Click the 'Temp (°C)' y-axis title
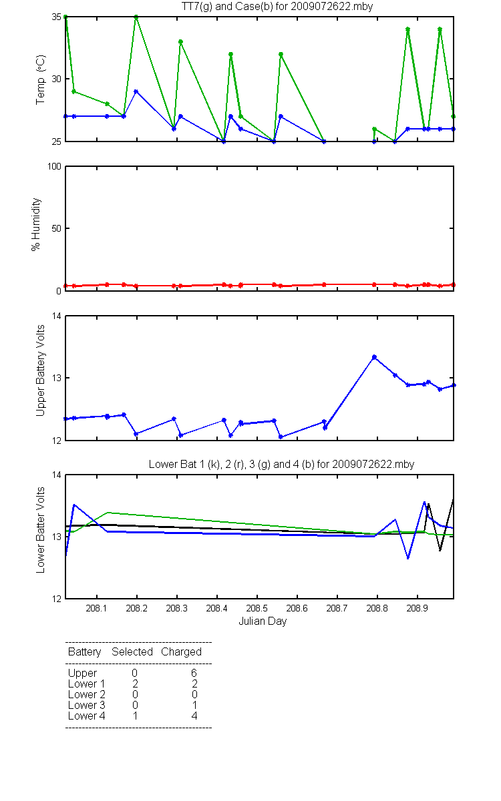(41, 79)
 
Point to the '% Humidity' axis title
(36, 224)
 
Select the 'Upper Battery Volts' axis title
(41, 370)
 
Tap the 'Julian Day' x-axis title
(263, 621)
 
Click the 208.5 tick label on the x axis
(257, 608)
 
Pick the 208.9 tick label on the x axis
(417, 608)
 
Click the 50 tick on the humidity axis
(57, 228)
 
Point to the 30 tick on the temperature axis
(57, 79)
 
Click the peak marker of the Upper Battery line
(374, 357)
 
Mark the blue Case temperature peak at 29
(136, 91)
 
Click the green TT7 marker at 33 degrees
(181, 42)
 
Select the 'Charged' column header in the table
(181, 652)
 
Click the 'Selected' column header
(132, 651)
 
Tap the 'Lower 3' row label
(87, 705)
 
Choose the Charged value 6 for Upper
(194, 673)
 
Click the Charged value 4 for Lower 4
(194, 716)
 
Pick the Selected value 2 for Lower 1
(135, 684)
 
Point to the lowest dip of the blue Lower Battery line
(408, 558)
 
